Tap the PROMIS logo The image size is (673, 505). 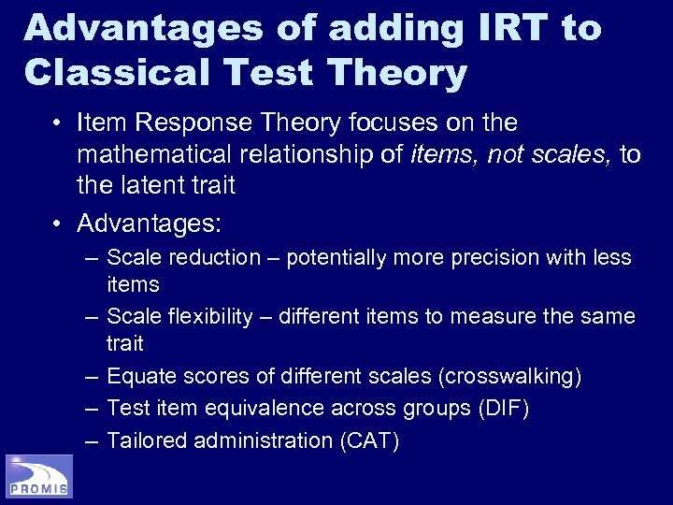(x=38, y=476)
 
